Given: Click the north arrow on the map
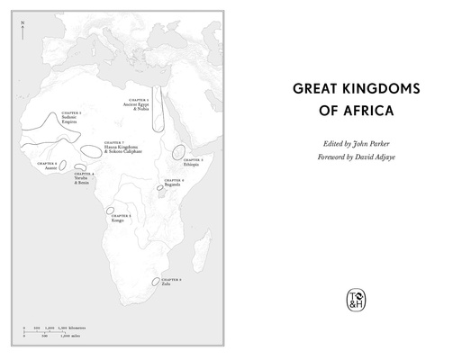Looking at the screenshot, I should [x=22, y=31].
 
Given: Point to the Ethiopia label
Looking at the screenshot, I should [x=192, y=164].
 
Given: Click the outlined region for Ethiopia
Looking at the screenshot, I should [x=179, y=152].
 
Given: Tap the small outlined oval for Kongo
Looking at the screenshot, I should [x=110, y=211].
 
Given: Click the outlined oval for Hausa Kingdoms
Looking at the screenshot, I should [x=91, y=150].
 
